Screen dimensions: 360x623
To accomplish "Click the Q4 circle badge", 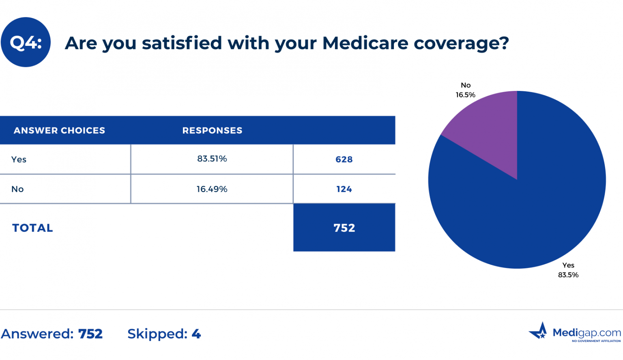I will pos(26,42).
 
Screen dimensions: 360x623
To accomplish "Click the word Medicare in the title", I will pos(365,43).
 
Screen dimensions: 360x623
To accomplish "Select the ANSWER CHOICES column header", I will pos(59,130).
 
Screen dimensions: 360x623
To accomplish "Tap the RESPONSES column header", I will pos(212,130).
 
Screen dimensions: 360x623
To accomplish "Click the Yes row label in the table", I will pos(19,160).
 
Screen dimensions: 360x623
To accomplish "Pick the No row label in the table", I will pos(17,189).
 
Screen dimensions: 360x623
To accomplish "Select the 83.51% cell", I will pos(212,159).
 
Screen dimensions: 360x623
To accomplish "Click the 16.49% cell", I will pos(212,189).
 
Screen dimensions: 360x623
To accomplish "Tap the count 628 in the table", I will pos(344,160).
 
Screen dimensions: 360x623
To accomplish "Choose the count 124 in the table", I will pos(344,189).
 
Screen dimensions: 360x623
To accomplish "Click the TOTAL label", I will pos(32,228).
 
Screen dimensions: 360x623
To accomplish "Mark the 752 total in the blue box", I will pos(344,228).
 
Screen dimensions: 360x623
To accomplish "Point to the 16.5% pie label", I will pos(465,95).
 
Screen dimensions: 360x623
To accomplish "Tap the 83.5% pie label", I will pos(568,275).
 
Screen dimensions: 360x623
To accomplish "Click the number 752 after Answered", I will pos(90,334).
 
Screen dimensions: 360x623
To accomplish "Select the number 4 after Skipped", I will pos(196,334).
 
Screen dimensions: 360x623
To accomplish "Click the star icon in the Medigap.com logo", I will pos(539,332).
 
